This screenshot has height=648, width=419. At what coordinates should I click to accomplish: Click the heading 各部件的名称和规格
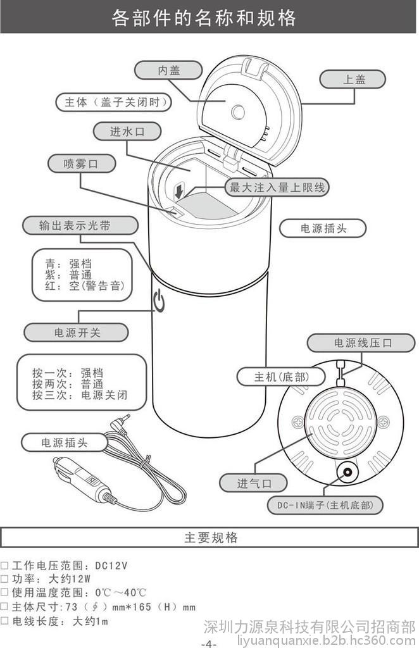[204, 17]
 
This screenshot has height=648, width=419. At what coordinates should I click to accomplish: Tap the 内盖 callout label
[169, 70]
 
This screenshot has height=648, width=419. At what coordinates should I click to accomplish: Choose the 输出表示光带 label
[80, 225]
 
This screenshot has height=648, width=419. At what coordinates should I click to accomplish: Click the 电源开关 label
[77, 332]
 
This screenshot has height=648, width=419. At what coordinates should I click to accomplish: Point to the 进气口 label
[253, 483]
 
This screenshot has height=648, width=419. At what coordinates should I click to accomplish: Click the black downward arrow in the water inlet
[181, 190]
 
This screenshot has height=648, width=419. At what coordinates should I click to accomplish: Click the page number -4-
[209, 642]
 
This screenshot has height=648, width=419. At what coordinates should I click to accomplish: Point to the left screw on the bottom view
[297, 422]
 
